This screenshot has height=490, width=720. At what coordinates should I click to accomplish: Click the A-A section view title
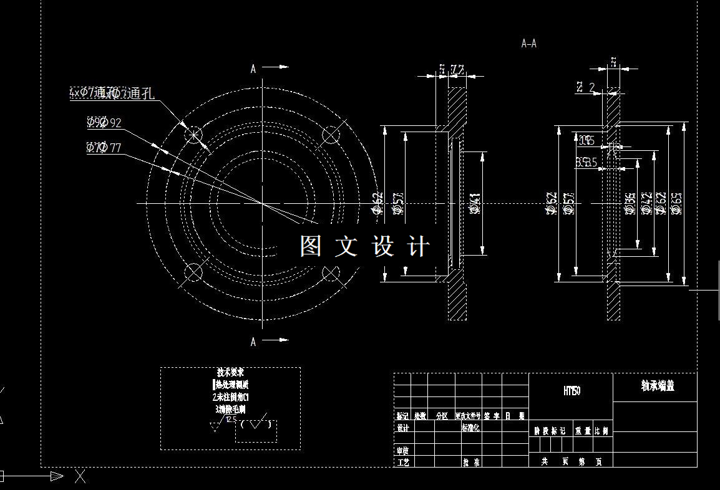(528, 44)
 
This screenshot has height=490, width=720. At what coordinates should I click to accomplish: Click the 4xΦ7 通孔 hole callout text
(112, 94)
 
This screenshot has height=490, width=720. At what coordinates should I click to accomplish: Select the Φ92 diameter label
(104, 122)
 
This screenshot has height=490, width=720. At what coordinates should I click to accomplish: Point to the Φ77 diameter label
(104, 148)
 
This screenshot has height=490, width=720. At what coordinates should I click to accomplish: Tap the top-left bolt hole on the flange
(194, 135)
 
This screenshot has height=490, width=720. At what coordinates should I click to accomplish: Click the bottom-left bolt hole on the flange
(194, 272)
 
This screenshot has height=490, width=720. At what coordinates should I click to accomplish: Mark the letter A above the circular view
(253, 69)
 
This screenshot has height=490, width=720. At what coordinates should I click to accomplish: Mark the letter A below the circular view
(253, 342)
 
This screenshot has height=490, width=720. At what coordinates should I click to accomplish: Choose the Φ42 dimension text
(647, 203)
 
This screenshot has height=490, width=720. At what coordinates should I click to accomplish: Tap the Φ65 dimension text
(677, 203)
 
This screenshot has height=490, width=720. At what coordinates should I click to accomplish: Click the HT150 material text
(572, 391)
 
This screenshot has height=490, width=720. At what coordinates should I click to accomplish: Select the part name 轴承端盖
(657, 386)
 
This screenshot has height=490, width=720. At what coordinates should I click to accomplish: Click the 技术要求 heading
(231, 373)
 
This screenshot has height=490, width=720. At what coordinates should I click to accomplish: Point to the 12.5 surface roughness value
(231, 420)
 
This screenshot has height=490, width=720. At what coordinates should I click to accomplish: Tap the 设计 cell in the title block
(403, 428)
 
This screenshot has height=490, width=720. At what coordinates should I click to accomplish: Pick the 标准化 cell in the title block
(470, 428)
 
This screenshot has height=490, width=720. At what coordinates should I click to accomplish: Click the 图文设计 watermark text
(365, 246)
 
